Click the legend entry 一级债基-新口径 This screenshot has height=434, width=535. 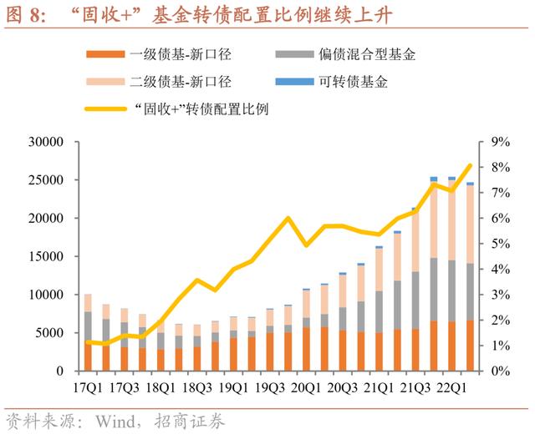(x=181, y=56)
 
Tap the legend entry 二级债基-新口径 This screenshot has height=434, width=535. (x=181, y=82)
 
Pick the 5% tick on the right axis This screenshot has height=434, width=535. (x=499, y=244)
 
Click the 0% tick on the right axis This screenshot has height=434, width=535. (x=499, y=371)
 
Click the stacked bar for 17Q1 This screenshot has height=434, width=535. (x=88, y=332)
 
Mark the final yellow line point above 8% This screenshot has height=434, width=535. (x=469, y=165)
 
